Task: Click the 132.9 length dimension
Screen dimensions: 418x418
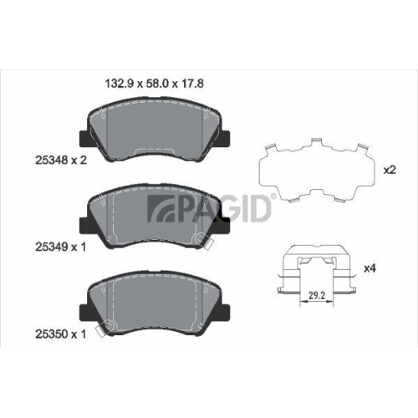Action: pos(120,84)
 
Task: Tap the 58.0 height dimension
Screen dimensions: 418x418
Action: pos(157,84)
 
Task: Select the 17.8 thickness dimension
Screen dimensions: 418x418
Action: pos(192,84)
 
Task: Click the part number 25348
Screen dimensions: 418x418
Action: pos(52,161)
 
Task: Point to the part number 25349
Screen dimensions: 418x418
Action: pos(52,247)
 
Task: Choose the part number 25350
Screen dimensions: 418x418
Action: pos(52,334)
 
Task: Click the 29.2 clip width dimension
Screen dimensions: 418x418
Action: pos(317,295)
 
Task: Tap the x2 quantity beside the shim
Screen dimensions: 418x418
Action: pos(390,170)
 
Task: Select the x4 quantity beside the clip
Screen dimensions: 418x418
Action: pos(370,268)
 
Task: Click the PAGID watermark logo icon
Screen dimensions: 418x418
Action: pos(161,208)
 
